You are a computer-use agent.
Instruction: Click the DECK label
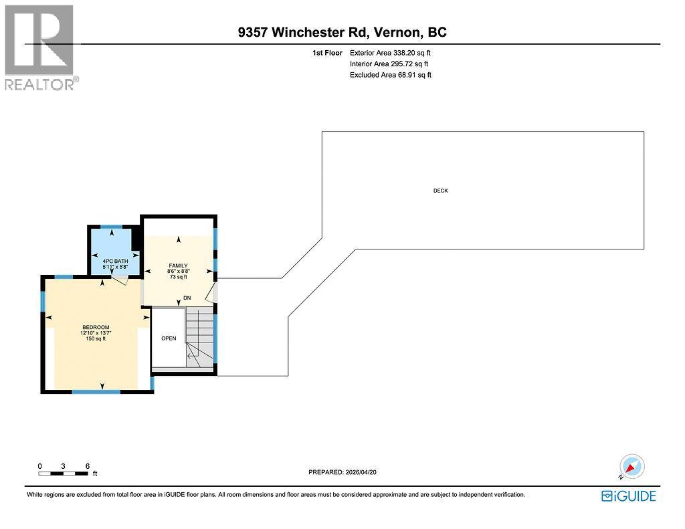(x=440, y=191)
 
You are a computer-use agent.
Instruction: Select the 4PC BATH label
(x=114, y=261)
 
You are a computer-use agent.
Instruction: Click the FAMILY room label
(x=177, y=266)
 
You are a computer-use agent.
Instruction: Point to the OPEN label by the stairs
(x=169, y=338)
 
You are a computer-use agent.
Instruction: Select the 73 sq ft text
(x=177, y=276)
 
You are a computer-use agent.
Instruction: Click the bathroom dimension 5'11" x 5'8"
(x=114, y=268)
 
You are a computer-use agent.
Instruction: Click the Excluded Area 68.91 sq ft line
(x=391, y=75)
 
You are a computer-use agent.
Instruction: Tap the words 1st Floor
(x=328, y=52)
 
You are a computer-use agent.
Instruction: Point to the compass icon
(x=631, y=465)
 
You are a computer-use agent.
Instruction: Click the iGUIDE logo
(x=628, y=496)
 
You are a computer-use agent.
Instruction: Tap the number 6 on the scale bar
(x=87, y=465)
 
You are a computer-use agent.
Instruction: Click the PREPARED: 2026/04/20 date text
(x=347, y=472)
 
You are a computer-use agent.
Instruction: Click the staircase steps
(x=200, y=334)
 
